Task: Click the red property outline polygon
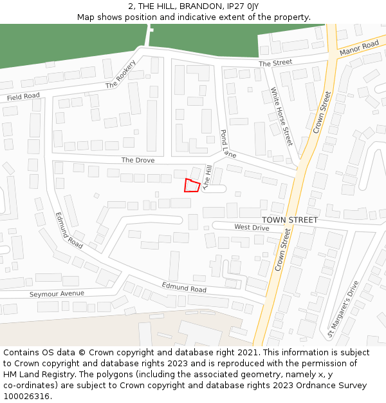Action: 191,185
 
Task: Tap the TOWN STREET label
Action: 289,220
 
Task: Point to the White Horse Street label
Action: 282,117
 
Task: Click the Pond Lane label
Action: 228,144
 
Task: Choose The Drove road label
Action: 138,160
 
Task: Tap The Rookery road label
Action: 121,75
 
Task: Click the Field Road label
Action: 23,97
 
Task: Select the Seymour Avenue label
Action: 57,293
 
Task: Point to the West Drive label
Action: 252,227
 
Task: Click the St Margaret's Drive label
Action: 343,309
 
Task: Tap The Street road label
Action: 275,63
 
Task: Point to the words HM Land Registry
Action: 36,374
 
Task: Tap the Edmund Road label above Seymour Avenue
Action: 69,231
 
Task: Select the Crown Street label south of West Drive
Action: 282,250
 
